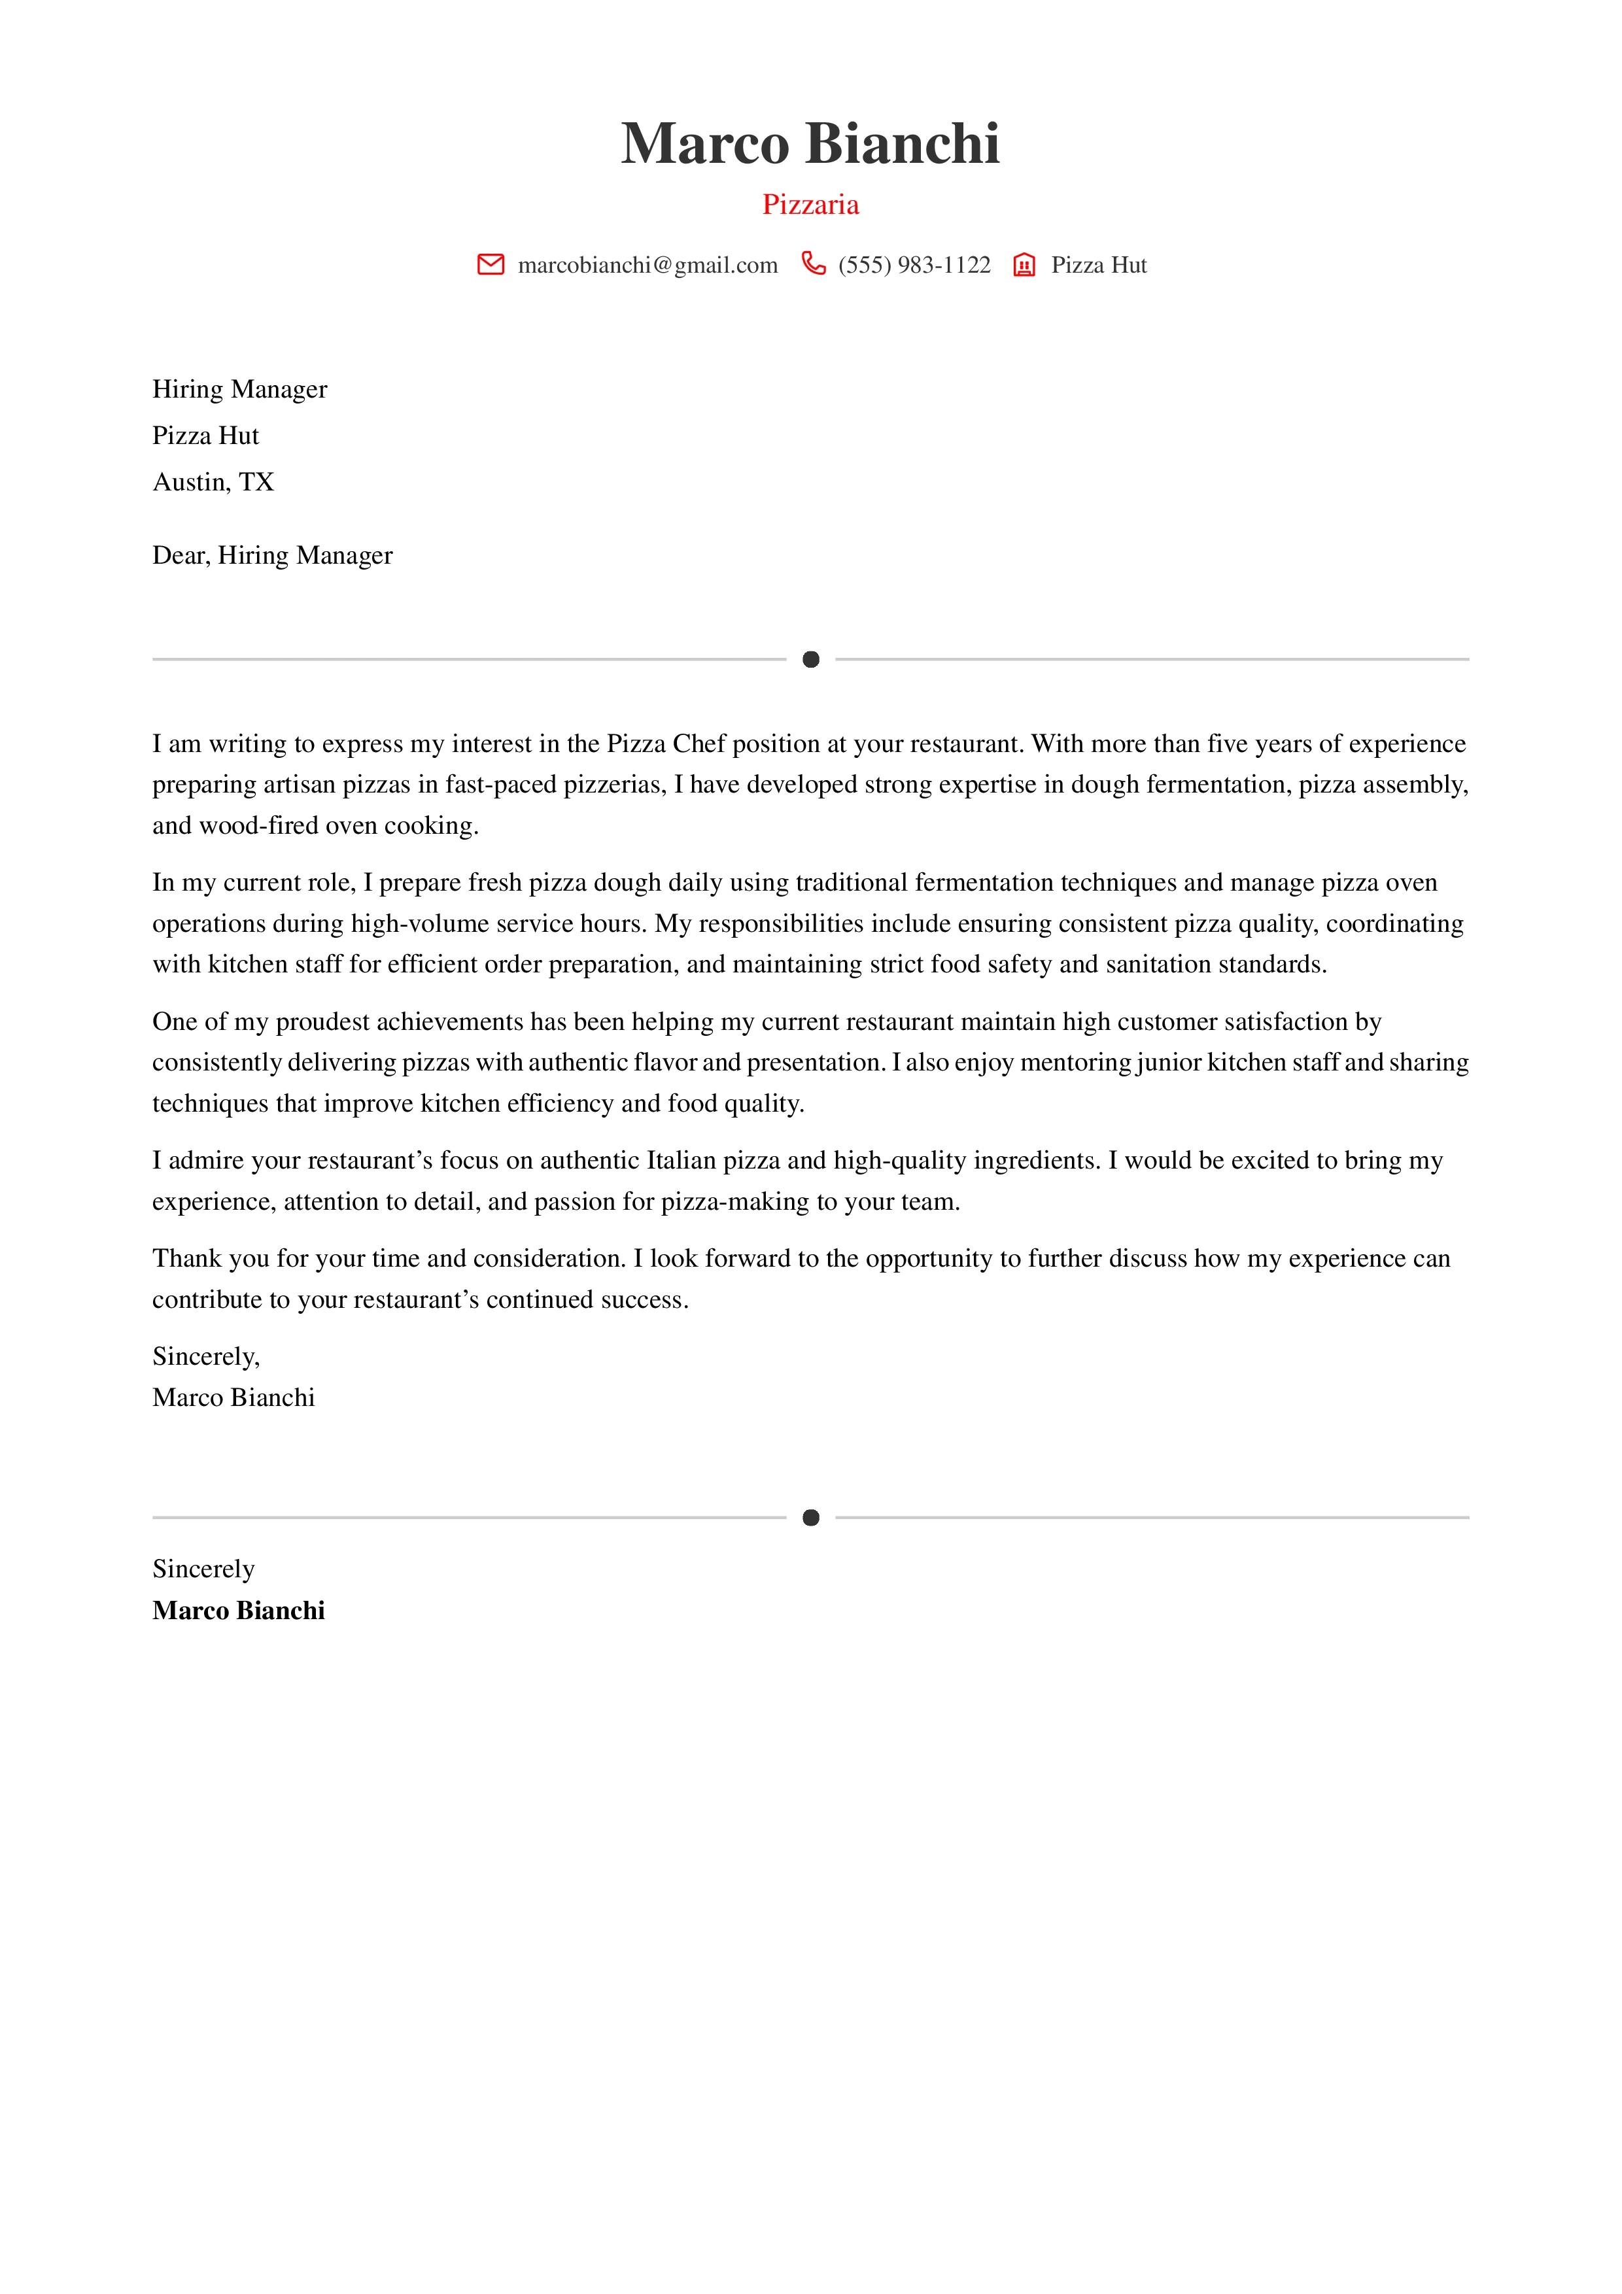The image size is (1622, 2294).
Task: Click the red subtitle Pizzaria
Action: coord(810,205)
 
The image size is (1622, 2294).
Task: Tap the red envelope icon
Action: coord(491,265)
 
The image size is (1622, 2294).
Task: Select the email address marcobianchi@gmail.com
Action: coord(647,265)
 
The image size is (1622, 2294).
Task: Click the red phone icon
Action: coord(814,264)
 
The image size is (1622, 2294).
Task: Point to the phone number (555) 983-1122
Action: coord(914,265)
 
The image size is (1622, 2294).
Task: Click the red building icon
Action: coord(1024,265)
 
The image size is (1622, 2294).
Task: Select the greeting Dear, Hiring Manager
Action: coord(272,555)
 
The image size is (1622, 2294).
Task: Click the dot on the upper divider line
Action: coord(810,659)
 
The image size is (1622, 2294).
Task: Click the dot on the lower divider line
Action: coord(810,1518)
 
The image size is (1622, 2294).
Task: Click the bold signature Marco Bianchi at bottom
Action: coord(238,1611)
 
